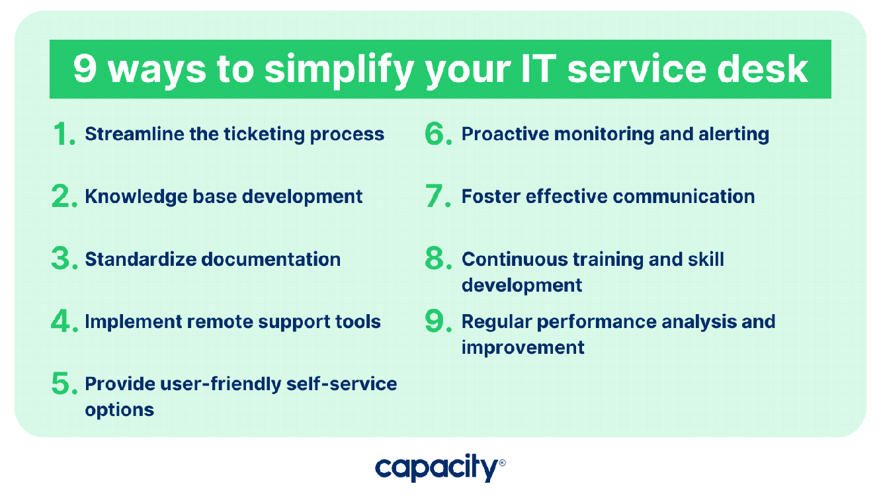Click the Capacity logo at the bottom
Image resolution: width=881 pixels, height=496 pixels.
(440, 468)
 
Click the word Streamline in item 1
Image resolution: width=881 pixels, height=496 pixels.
(134, 134)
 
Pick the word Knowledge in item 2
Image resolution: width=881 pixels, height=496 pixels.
(136, 196)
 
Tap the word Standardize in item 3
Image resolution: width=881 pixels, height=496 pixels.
(141, 259)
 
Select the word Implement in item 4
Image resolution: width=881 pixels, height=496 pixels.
(133, 322)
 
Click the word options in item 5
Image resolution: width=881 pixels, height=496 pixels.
(119, 410)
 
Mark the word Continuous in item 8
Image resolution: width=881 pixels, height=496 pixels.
(515, 259)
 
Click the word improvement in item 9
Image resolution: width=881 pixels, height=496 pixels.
(523, 348)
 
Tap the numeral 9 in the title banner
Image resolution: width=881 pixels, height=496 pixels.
(85, 69)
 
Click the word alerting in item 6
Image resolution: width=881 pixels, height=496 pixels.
(734, 134)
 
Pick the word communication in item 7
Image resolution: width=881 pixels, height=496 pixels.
(684, 196)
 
